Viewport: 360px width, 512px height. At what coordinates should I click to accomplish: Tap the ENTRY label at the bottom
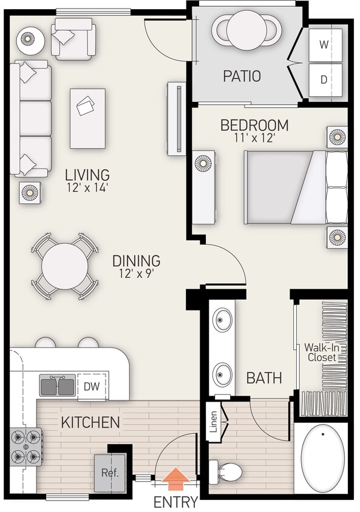pos(175,502)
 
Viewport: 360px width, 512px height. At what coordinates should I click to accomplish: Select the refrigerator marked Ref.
pos(109,471)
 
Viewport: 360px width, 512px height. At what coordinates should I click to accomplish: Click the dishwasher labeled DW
pos(91,385)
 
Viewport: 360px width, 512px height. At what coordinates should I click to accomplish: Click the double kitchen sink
pos(58,385)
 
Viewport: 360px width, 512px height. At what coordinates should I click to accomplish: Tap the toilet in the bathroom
pos(225,471)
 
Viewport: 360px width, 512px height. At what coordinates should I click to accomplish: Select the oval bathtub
pos(322,459)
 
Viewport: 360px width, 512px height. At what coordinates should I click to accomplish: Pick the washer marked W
pos(324,44)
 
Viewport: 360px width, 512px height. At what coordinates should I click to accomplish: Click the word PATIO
pos(242,76)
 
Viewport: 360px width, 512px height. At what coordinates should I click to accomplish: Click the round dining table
pos(64,266)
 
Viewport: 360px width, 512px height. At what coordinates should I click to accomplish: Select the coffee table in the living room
pos(87,118)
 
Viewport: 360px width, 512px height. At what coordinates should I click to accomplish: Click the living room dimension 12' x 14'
pos(88,187)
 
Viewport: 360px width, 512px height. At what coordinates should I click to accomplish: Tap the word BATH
pos(264,378)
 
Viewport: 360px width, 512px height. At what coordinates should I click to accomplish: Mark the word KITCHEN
pos(90,422)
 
